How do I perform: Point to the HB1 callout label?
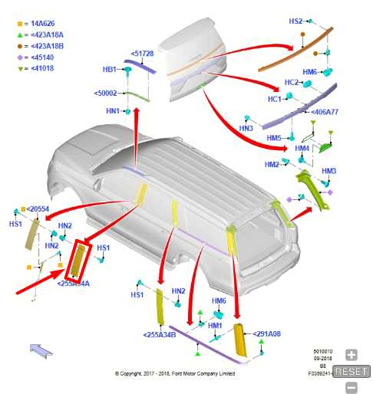110,70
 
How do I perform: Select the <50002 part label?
106,93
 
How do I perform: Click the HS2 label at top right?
295,21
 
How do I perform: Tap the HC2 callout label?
292,82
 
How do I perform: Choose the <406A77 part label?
325,112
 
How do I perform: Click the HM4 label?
302,148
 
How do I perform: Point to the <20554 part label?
36,208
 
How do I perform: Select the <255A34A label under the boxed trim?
73,283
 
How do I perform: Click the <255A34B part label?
160,334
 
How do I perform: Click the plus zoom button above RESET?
352,355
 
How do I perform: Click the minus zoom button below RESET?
352,386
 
